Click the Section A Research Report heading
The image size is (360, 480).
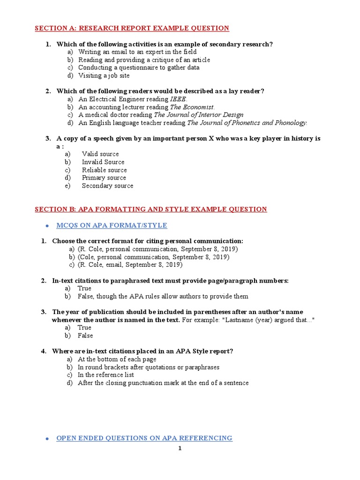[x=132, y=28]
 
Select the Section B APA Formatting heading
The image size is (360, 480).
[x=150, y=209]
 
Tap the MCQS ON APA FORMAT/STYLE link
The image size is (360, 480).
[x=112, y=225]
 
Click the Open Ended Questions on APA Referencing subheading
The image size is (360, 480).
[x=144, y=438]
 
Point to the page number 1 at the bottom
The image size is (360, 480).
[x=180, y=448]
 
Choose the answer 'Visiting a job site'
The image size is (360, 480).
[x=104, y=75]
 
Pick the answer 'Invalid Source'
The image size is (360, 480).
[x=103, y=162]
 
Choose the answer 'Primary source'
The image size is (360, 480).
[x=104, y=178]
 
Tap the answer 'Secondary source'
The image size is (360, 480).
[x=107, y=186]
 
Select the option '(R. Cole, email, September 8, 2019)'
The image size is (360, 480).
[x=130, y=265]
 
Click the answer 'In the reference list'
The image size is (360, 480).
[x=105, y=375]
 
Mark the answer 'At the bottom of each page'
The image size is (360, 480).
[x=117, y=359]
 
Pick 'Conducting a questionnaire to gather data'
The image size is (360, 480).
[x=139, y=67]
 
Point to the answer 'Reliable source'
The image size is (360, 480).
[x=104, y=170]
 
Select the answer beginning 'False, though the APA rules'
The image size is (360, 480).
[x=163, y=296]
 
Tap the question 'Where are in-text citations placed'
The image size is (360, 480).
[x=142, y=351]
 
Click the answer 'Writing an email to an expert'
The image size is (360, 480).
[x=137, y=52]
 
